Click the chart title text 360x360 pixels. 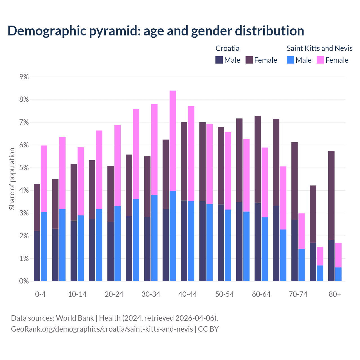pyautogui.click(x=156, y=31)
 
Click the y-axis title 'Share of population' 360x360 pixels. pyautogui.click(x=12, y=179)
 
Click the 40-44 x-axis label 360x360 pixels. pyautogui.click(x=188, y=294)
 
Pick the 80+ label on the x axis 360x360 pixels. pyautogui.click(x=335, y=294)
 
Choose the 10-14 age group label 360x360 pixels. pyautogui.click(x=77, y=294)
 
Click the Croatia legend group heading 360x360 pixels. pyautogui.click(x=227, y=48)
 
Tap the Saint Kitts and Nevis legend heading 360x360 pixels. pyautogui.click(x=319, y=48)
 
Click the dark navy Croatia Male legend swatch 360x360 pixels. pyautogui.click(x=219, y=60)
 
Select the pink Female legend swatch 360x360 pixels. pyautogui.click(x=320, y=60)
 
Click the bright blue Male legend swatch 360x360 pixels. pyautogui.click(x=291, y=60)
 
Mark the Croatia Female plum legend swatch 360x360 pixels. pyautogui.click(x=249, y=60)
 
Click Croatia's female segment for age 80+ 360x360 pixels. pyautogui.click(x=331, y=195)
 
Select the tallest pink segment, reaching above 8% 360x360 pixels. pyautogui.click(x=173, y=141)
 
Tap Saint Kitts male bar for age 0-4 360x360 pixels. pyautogui.click(x=44, y=247)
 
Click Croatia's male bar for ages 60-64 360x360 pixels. pyautogui.click(x=258, y=242)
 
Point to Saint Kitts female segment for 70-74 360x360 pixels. pyautogui.click(x=301, y=231)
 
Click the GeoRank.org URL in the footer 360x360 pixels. pyautogui.click(x=102, y=329)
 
